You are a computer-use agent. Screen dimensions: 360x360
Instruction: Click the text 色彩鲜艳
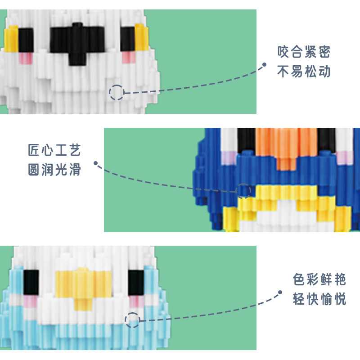319,280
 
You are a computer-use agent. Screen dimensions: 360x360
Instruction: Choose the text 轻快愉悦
319,299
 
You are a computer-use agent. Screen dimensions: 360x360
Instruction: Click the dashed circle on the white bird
117,92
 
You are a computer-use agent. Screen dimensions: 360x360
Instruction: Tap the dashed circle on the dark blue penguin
244,190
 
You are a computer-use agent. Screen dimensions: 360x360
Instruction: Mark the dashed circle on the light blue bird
132,320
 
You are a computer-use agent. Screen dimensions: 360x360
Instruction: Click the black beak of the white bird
75,43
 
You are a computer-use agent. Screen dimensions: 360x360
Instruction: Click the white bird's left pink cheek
25,58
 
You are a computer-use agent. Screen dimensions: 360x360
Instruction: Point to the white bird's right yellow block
141,38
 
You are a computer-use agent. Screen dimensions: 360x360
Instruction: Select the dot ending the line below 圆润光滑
95,163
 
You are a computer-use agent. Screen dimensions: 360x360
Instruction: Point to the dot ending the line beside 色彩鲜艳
280,292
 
